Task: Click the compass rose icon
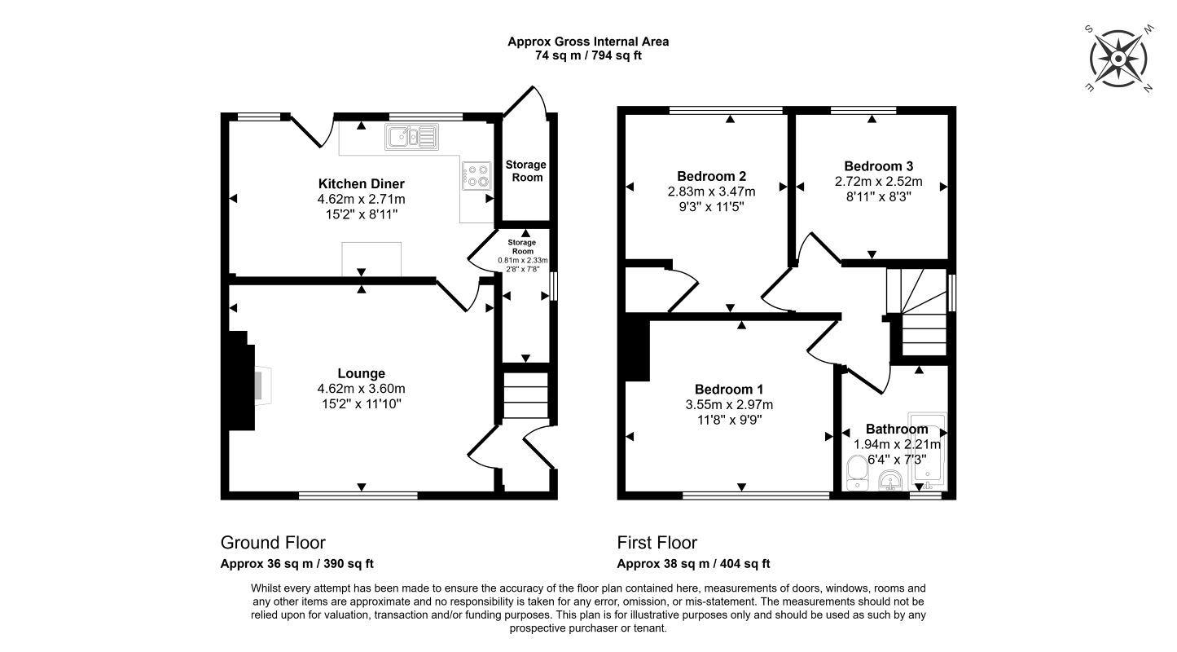tap(1118, 59)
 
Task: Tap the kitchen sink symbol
tap(413, 137)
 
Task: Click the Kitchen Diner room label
tap(361, 183)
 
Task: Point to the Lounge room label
tap(362, 374)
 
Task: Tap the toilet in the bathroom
tap(857, 472)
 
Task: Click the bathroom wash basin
tap(892, 482)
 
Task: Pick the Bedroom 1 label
tap(728, 389)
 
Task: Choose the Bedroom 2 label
tap(711, 176)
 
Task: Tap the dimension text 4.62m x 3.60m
tap(362, 389)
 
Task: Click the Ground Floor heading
tap(273, 543)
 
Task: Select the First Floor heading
tap(657, 543)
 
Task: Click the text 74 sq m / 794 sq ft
tap(588, 55)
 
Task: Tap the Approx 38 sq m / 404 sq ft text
tap(693, 563)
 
